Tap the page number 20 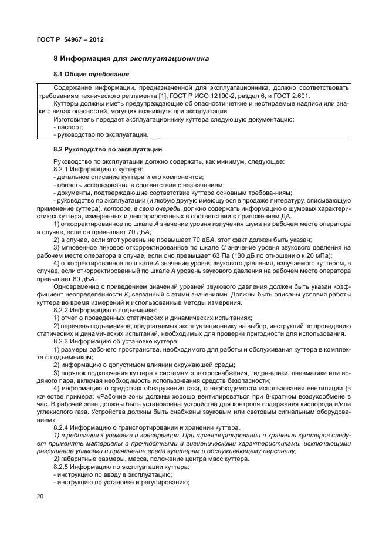(x=40, y=497)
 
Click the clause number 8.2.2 (x=63, y=309)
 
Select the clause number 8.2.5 (x=63, y=466)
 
